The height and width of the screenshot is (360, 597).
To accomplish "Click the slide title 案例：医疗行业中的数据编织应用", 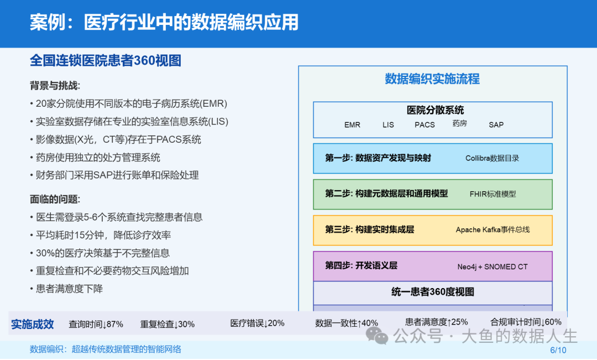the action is (x=164, y=22).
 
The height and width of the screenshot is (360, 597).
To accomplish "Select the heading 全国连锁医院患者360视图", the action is (x=106, y=61).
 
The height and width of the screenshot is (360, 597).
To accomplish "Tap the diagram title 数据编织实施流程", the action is (x=432, y=79).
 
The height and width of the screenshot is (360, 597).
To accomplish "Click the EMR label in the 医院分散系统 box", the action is (x=352, y=124).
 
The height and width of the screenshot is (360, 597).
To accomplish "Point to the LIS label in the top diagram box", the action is (x=388, y=124).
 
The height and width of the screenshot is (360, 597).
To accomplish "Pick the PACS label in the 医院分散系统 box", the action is (x=425, y=124).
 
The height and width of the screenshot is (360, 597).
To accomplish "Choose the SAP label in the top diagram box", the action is (x=496, y=124).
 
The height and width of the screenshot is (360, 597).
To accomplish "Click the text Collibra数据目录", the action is (x=492, y=158).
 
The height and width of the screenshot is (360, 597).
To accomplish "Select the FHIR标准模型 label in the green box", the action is (x=493, y=194).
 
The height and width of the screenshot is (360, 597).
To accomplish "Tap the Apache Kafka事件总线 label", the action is (x=493, y=229).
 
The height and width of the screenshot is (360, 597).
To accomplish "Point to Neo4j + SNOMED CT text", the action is (x=493, y=267).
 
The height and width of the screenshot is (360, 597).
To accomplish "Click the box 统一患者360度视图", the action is (x=432, y=293).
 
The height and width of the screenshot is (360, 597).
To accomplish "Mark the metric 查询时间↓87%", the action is (x=96, y=324).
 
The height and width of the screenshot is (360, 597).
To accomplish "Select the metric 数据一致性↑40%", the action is (x=347, y=323).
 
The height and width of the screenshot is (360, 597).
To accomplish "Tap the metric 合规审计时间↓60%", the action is (x=526, y=322).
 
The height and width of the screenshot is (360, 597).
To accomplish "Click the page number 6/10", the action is (x=558, y=350).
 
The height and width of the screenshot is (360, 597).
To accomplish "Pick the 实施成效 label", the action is (x=33, y=324).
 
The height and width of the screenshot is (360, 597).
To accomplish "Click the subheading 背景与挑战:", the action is (x=55, y=86).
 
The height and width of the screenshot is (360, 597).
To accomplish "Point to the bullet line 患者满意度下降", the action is (x=66, y=289).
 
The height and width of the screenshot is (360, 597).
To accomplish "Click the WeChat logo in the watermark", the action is (x=376, y=336).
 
